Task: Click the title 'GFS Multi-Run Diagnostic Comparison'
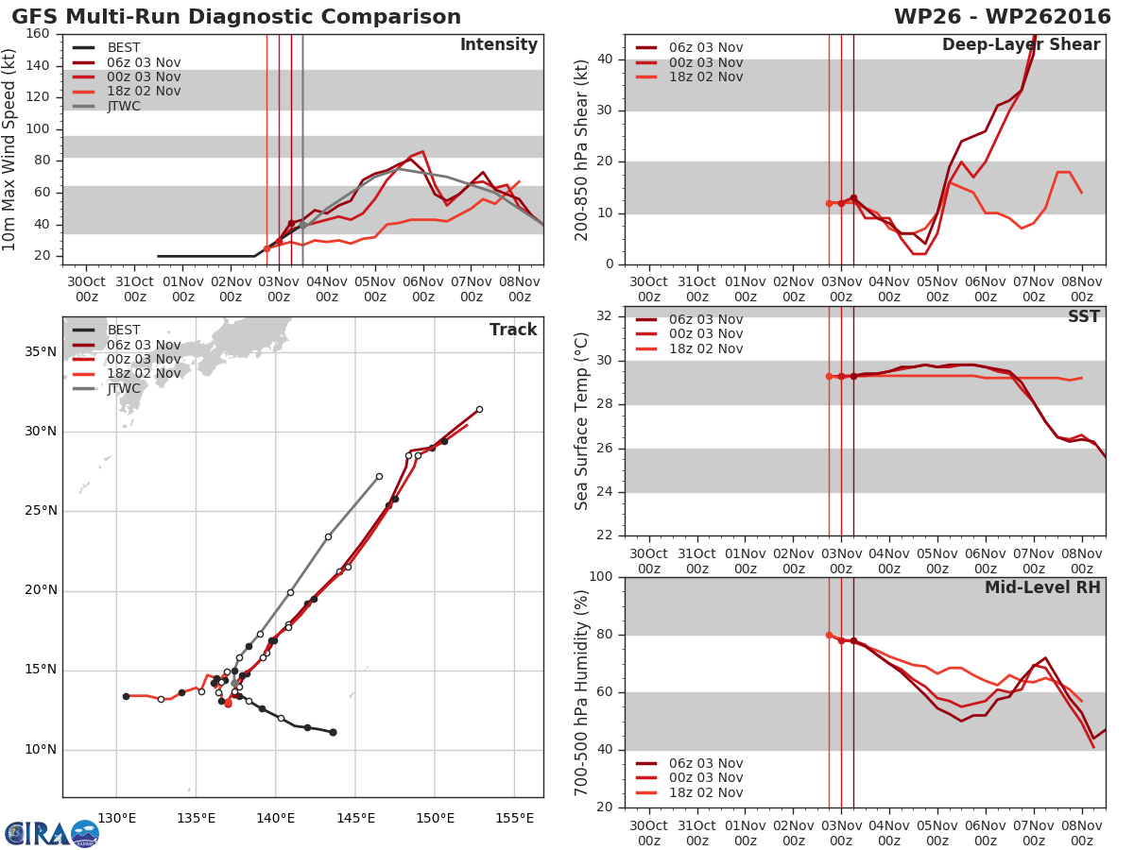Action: pos(236,17)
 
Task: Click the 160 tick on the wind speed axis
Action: pos(38,34)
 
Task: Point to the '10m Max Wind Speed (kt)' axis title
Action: pos(10,149)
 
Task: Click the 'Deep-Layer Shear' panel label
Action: pos(1021,45)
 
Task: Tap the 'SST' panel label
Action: pos(1083,316)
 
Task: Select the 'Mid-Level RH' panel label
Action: pos(1042,587)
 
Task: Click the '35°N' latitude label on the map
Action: pos(40,352)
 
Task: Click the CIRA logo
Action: pos(51,833)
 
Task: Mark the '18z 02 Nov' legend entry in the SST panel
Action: pos(705,348)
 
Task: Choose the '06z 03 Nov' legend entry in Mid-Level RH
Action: pos(705,763)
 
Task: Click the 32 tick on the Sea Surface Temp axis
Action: pos(605,316)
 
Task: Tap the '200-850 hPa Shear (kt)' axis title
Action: pos(583,149)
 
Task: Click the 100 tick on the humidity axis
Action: pos(601,577)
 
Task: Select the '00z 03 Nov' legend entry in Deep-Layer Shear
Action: pos(705,62)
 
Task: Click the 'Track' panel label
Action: pos(513,330)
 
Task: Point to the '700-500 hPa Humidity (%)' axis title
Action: pos(583,692)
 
